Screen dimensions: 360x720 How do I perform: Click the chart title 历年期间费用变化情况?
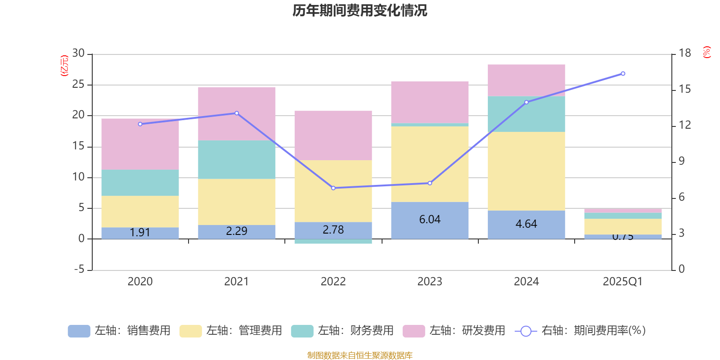pos(360,10)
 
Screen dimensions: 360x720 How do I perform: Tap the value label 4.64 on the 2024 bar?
pos(526,224)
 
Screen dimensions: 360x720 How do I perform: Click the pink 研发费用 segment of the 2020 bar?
pos(140,144)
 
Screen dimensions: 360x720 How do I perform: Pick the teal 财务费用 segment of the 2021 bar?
pos(237,160)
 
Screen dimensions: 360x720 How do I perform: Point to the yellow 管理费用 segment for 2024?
pos(526,171)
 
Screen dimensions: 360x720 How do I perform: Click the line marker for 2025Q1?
pos(623,73)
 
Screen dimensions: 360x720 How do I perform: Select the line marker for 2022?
pos(333,188)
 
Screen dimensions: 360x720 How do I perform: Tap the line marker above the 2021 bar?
pos(237,113)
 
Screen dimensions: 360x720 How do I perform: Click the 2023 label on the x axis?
pos(430,282)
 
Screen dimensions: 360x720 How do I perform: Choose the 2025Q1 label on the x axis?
pos(622,282)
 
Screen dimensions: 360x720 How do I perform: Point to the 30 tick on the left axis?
pos(78,54)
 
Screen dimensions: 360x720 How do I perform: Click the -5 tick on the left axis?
pos(78,270)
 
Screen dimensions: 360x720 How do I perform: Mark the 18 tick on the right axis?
pos(685,54)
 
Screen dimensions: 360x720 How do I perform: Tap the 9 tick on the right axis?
pos(682,161)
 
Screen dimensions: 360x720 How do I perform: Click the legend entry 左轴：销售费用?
pos(119,331)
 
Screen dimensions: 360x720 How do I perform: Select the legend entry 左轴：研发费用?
pos(454,331)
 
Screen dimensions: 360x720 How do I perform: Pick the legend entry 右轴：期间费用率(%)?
pos(580,331)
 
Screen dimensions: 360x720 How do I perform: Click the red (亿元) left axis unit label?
pos(64,66)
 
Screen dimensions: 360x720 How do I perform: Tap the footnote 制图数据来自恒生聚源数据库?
pos(360,355)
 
